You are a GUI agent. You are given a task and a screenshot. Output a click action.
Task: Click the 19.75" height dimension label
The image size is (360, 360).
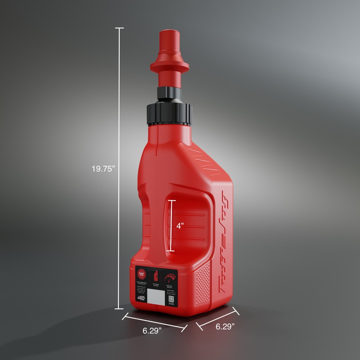click(x=103, y=169)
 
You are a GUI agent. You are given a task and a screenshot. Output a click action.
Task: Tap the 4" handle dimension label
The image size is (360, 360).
click(x=180, y=226)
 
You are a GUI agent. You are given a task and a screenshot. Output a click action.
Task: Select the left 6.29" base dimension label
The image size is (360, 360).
click(x=152, y=331)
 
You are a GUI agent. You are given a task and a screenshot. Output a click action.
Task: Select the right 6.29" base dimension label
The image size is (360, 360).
click(x=221, y=327)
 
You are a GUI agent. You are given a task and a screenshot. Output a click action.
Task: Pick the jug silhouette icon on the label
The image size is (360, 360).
click(x=156, y=276)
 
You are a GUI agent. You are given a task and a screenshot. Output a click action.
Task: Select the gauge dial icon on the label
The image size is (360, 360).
click(x=170, y=278)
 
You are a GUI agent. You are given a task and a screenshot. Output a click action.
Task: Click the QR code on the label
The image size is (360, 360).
click(x=171, y=298)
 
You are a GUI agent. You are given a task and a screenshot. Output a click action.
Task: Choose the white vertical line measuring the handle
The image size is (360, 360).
click(x=171, y=225)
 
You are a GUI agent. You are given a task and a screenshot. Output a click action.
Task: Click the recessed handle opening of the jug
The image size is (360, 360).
click(x=189, y=225)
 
